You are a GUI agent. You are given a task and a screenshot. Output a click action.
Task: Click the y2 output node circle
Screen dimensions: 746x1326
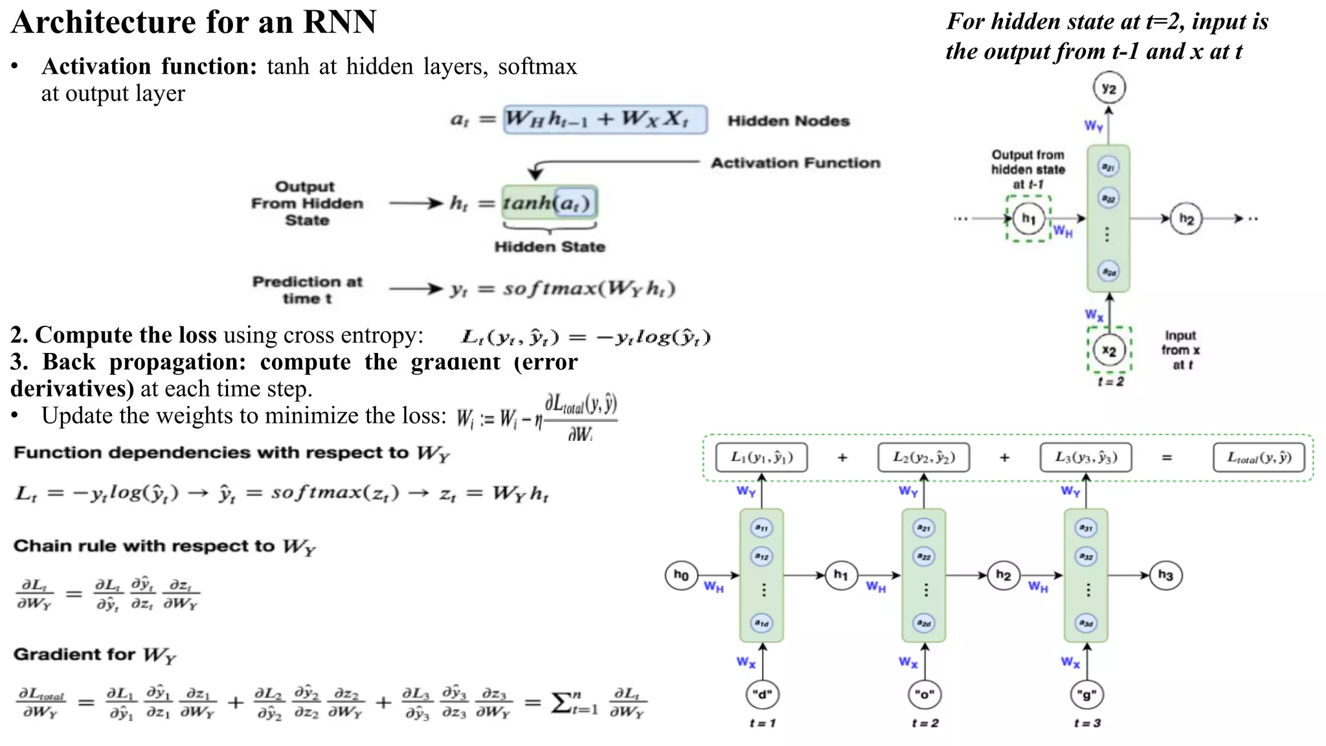[x=1109, y=89]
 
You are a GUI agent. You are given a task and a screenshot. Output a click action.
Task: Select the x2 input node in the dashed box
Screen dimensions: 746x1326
[x=1109, y=350]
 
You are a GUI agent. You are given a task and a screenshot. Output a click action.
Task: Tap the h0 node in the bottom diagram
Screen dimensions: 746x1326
[x=681, y=575]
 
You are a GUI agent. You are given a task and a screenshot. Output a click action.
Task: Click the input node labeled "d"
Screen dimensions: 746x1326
[x=762, y=695]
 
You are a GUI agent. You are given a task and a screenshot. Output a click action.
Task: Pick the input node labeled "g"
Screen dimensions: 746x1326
[x=1086, y=695]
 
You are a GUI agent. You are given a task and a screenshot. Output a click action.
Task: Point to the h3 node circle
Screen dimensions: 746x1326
[x=1165, y=575]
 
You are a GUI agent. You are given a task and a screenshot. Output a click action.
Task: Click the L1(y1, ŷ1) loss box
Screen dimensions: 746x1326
[x=761, y=457]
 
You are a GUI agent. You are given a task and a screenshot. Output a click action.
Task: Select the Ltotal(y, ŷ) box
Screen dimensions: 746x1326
[x=1259, y=457]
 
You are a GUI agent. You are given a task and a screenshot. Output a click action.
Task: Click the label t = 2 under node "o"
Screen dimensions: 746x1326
[x=925, y=723]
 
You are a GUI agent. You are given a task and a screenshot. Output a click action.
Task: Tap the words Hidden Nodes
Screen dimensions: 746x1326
[x=788, y=121]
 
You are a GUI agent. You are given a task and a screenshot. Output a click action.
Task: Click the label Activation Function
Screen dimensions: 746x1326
[x=795, y=163]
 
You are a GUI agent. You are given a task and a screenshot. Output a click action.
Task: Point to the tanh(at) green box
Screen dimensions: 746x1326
[x=549, y=203]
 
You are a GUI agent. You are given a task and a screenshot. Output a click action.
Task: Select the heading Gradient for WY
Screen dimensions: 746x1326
[x=95, y=655]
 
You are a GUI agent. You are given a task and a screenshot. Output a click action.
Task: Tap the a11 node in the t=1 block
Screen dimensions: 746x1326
[x=761, y=528]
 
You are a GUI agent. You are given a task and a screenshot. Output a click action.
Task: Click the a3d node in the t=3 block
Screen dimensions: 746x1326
[x=1086, y=623]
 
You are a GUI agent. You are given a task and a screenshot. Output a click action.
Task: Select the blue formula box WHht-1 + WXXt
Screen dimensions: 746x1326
[x=605, y=120]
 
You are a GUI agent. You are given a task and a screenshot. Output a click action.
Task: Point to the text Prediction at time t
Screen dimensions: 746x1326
[x=307, y=289]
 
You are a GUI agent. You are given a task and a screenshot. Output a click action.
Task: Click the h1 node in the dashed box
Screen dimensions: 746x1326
[x=1028, y=218]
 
